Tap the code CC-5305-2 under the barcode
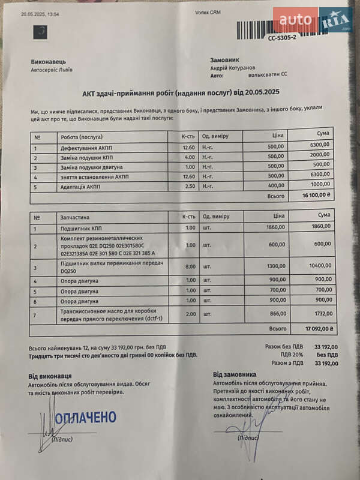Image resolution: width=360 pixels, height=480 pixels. pyautogui.click(x=283, y=37)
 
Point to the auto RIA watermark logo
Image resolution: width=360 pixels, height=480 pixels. pyautogui.click(x=312, y=20)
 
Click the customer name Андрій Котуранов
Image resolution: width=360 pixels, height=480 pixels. pyautogui.click(x=232, y=68)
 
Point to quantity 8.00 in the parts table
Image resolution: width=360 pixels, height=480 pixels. pyautogui.click(x=190, y=265)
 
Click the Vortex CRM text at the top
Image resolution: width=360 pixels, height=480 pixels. pyautogui.click(x=208, y=13)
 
